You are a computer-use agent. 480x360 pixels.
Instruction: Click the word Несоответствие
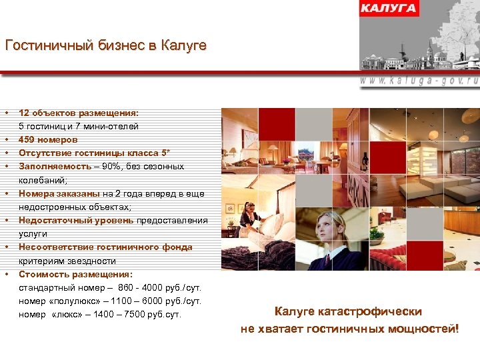point(57,247)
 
